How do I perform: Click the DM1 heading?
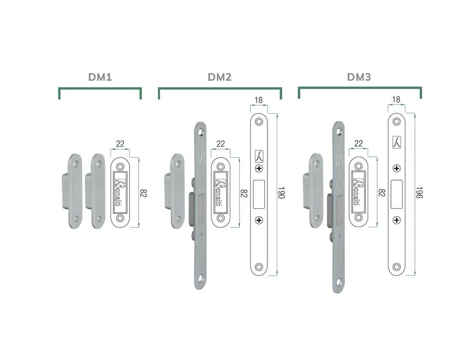(x=100, y=77)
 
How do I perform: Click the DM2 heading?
(x=220, y=77)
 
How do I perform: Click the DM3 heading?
(x=359, y=77)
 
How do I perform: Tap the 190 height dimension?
(x=281, y=193)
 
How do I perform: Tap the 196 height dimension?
(x=419, y=193)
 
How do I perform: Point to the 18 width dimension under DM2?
(x=259, y=100)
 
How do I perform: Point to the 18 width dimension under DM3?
(x=396, y=99)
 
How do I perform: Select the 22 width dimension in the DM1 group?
(x=120, y=144)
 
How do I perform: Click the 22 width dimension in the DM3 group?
(x=358, y=143)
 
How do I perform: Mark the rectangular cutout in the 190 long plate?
(x=259, y=194)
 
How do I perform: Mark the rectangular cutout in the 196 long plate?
(x=396, y=194)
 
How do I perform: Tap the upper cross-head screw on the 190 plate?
(x=259, y=168)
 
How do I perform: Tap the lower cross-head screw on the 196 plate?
(x=396, y=220)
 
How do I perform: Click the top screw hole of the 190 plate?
(x=259, y=122)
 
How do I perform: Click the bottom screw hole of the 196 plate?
(x=396, y=267)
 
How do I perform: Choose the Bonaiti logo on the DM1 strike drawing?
(x=120, y=193)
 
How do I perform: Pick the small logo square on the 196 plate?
(x=396, y=142)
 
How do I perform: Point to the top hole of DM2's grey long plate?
(x=200, y=132)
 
